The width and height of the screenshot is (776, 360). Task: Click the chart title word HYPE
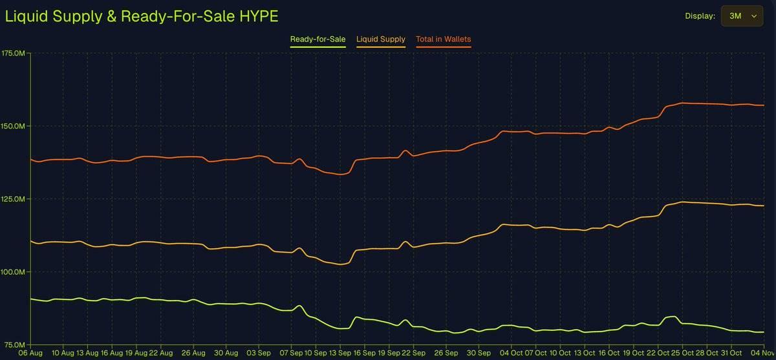click(x=258, y=16)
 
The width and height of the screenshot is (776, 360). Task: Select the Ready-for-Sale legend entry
click(x=318, y=39)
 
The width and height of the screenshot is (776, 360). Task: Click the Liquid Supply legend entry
click(x=381, y=39)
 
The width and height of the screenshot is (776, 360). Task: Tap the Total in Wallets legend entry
click(x=444, y=39)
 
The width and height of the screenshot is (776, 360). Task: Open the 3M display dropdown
click(x=742, y=16)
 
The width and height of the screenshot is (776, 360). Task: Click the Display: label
click(x=700, y=16)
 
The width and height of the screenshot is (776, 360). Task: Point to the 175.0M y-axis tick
click(x=14, y=53)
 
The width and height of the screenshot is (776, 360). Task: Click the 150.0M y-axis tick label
click(x=14, y=126)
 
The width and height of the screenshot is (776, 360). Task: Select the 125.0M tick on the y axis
click(x=14, y=199)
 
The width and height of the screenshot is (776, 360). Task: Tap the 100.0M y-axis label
click(x=14, y=272)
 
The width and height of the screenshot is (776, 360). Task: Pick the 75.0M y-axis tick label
click(x=15, y=344)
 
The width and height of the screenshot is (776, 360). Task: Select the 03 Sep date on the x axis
click(x=259, y=354)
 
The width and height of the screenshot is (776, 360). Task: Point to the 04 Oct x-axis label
click(x=511, y=354)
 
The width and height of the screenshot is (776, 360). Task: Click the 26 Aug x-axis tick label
click(x=193, y=354)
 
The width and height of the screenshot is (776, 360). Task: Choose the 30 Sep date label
click(x=479, y=354)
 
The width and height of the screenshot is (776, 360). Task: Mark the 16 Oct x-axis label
click(x=609, y=354)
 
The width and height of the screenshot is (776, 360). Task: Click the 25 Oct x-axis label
click(x=675, y=354)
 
